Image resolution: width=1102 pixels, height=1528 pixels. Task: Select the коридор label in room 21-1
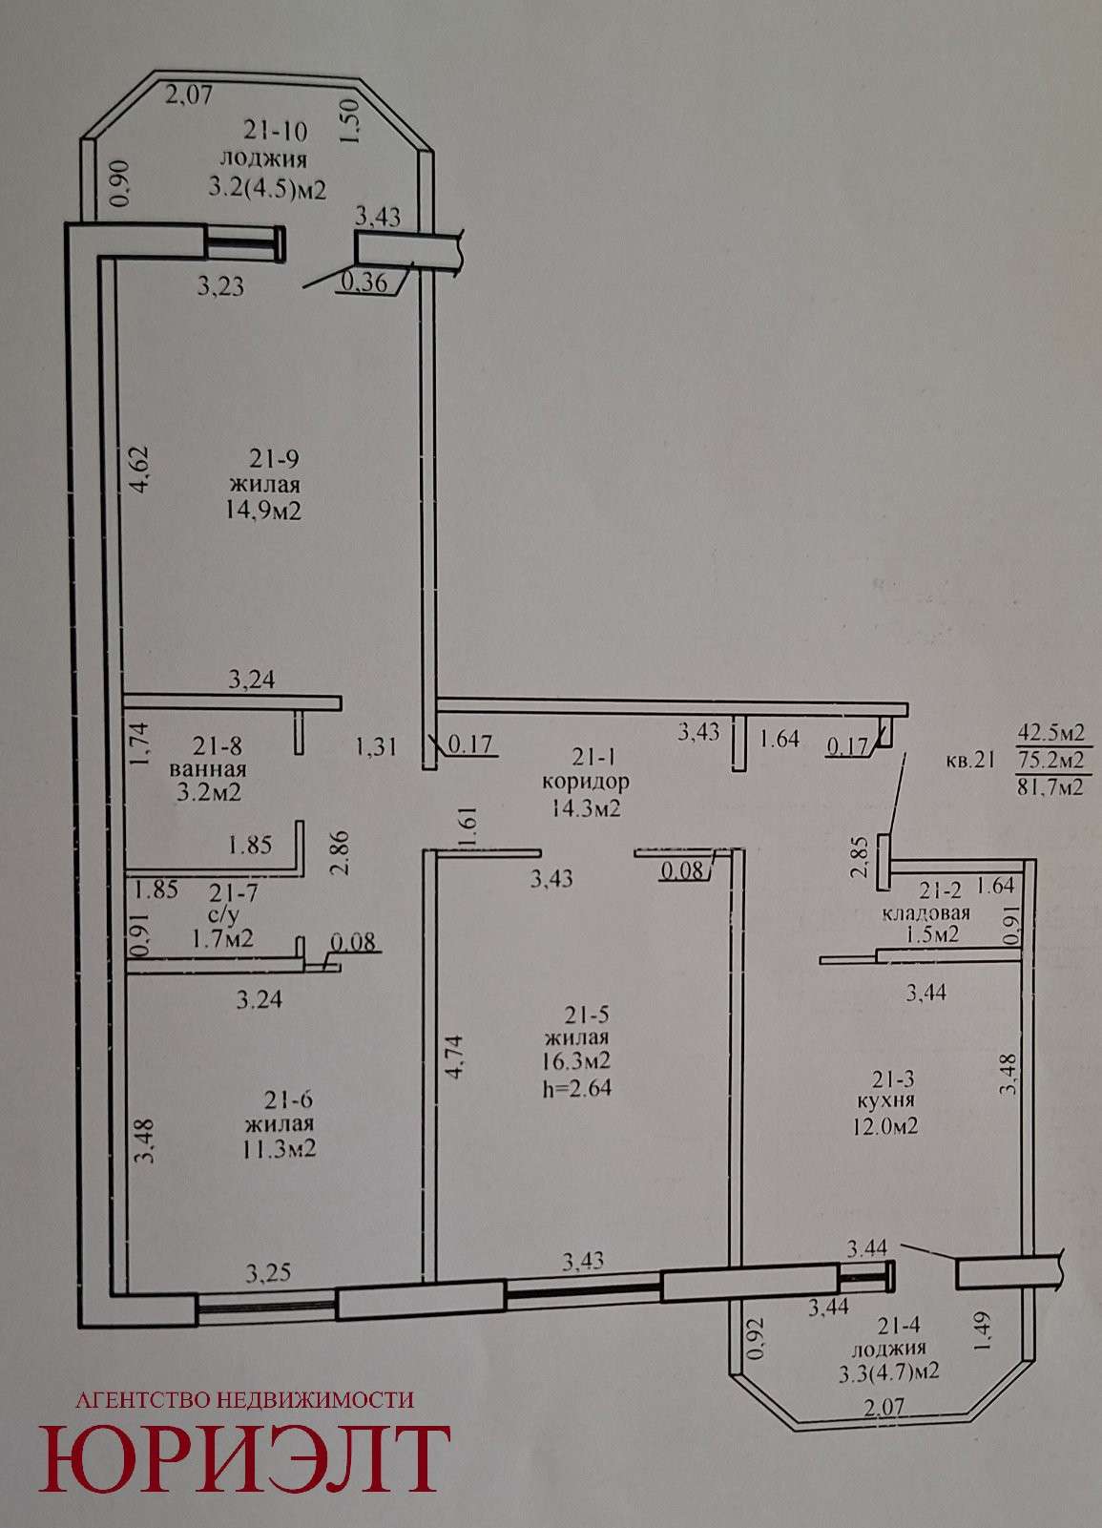coord(585,781)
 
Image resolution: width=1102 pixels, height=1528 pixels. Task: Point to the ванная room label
coord(208,769)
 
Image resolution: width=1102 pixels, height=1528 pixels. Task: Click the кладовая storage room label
coord(926,912)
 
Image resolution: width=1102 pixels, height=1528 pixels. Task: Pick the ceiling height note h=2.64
coord(577,1087)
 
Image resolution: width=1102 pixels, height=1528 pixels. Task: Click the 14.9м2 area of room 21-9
coord(264,511)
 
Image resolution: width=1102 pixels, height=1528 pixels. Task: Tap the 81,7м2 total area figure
coord(1050,788)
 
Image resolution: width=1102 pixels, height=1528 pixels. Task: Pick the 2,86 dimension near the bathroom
coord(341,852)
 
